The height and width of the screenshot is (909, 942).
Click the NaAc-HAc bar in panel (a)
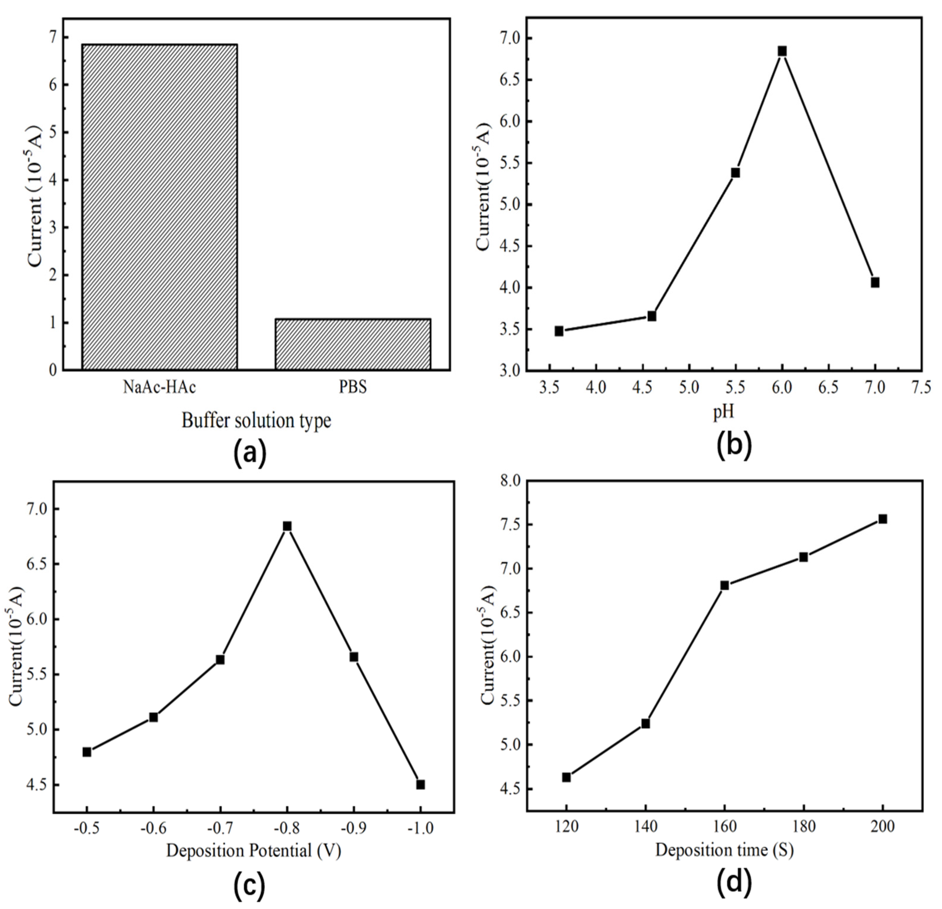point(160,207)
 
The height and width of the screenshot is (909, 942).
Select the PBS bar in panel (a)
point(353,344)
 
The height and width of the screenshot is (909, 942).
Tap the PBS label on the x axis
point(353,387)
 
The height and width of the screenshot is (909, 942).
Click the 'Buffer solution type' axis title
point(256,421)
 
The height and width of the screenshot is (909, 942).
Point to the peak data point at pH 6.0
point(782,51)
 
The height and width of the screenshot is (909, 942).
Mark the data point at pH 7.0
point(875,283)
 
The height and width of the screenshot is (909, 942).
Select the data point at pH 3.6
point(559,331)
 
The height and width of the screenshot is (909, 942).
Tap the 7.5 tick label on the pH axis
point(921,387)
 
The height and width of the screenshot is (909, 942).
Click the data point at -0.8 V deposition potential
point(287,526)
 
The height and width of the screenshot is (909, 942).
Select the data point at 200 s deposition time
point(882,519)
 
